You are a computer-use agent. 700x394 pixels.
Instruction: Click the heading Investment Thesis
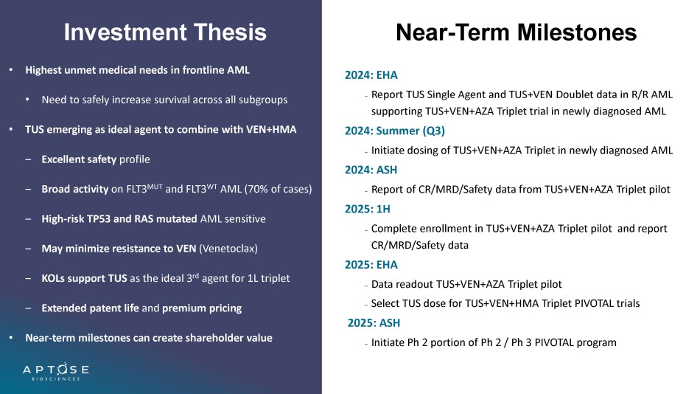[165, 32]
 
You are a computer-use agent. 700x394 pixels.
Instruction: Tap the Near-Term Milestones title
[516, 32]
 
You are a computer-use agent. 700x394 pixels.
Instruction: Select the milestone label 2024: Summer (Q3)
[395, 131]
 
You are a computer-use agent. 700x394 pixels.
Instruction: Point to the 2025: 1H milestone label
[368, 209]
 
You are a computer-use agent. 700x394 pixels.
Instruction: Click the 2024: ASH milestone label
[371, 170]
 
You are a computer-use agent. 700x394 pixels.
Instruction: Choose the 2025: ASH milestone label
[374, 323]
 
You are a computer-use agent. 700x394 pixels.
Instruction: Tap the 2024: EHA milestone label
[371, 75]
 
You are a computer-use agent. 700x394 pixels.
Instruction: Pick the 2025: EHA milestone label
[371, 265]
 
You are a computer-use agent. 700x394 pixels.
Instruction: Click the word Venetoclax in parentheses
[228, 249]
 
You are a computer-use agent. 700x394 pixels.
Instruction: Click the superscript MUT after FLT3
[155, 186]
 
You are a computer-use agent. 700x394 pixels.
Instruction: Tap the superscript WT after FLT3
[211, 186]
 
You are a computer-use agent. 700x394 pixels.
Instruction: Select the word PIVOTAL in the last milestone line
[554, 342]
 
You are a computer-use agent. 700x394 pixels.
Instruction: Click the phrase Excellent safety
[79, 159]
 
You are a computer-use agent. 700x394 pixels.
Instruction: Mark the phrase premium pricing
[202, 308]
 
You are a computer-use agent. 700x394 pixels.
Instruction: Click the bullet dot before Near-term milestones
[11, 338]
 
